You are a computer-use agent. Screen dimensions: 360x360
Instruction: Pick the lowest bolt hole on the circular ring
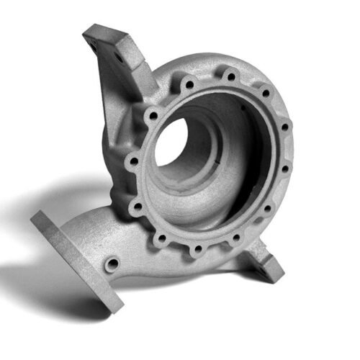(x=196, y=250)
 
